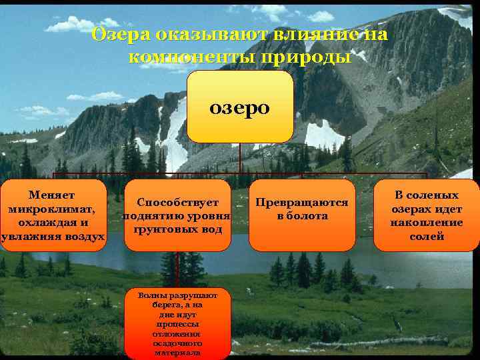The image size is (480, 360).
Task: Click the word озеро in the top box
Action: (240, 107)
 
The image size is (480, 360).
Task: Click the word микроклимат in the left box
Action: (51, 209)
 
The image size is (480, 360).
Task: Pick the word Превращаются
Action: (302, 202)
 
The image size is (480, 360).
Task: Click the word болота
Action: (308, 216)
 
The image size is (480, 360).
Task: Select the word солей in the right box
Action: (427, 237)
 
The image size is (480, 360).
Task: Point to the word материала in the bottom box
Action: (177, 353)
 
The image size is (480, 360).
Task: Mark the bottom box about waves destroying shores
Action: (177, 323)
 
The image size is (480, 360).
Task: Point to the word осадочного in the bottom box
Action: (177, 343)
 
